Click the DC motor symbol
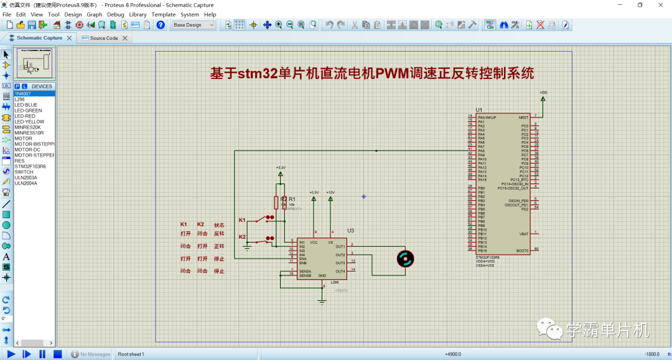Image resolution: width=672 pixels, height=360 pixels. tap(405, 259)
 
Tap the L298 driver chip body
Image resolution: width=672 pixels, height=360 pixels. tap(321, 258)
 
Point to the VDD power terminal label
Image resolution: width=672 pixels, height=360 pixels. tap(543, 92)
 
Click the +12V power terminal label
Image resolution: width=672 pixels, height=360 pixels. tap(330, 192)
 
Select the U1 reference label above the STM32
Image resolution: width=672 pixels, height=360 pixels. tap(478, 109)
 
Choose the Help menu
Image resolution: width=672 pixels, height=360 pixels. tap(210, 14)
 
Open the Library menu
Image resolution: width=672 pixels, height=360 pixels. tap(138, 14)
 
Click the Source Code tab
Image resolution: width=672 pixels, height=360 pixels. tap(103, 38)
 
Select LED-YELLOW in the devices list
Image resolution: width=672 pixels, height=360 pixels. tap(29, 122)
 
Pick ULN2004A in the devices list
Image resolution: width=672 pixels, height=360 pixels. tap(26, 183)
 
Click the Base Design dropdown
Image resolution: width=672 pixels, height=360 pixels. tap(194, 25)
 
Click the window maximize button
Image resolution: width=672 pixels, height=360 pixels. tap(640, 5)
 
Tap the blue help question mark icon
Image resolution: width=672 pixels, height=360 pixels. tap(161, 25)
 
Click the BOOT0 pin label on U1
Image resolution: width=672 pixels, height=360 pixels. tap(522, 251)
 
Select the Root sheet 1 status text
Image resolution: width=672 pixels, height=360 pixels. tap(131, 354)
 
